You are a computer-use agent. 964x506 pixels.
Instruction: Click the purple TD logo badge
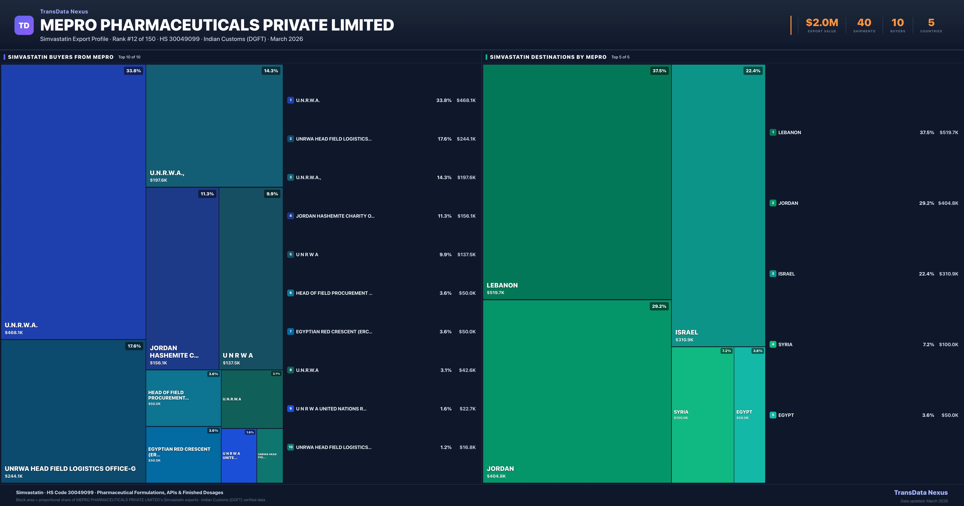click(24, 26)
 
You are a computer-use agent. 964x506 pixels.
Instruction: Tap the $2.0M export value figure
click(822, 23)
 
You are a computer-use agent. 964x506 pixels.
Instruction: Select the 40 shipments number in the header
click(864, 23)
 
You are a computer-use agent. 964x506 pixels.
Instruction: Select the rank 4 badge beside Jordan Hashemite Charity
click(290, 216)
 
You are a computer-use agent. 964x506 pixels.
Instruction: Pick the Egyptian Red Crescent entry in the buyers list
click(334, 332)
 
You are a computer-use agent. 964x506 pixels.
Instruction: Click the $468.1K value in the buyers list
click(466, 100)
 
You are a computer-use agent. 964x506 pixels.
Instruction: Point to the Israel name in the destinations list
click(786, 274)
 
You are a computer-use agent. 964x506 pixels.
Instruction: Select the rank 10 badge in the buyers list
click(290, 447)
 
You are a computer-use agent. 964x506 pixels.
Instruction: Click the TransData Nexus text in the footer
click(921, 493)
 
